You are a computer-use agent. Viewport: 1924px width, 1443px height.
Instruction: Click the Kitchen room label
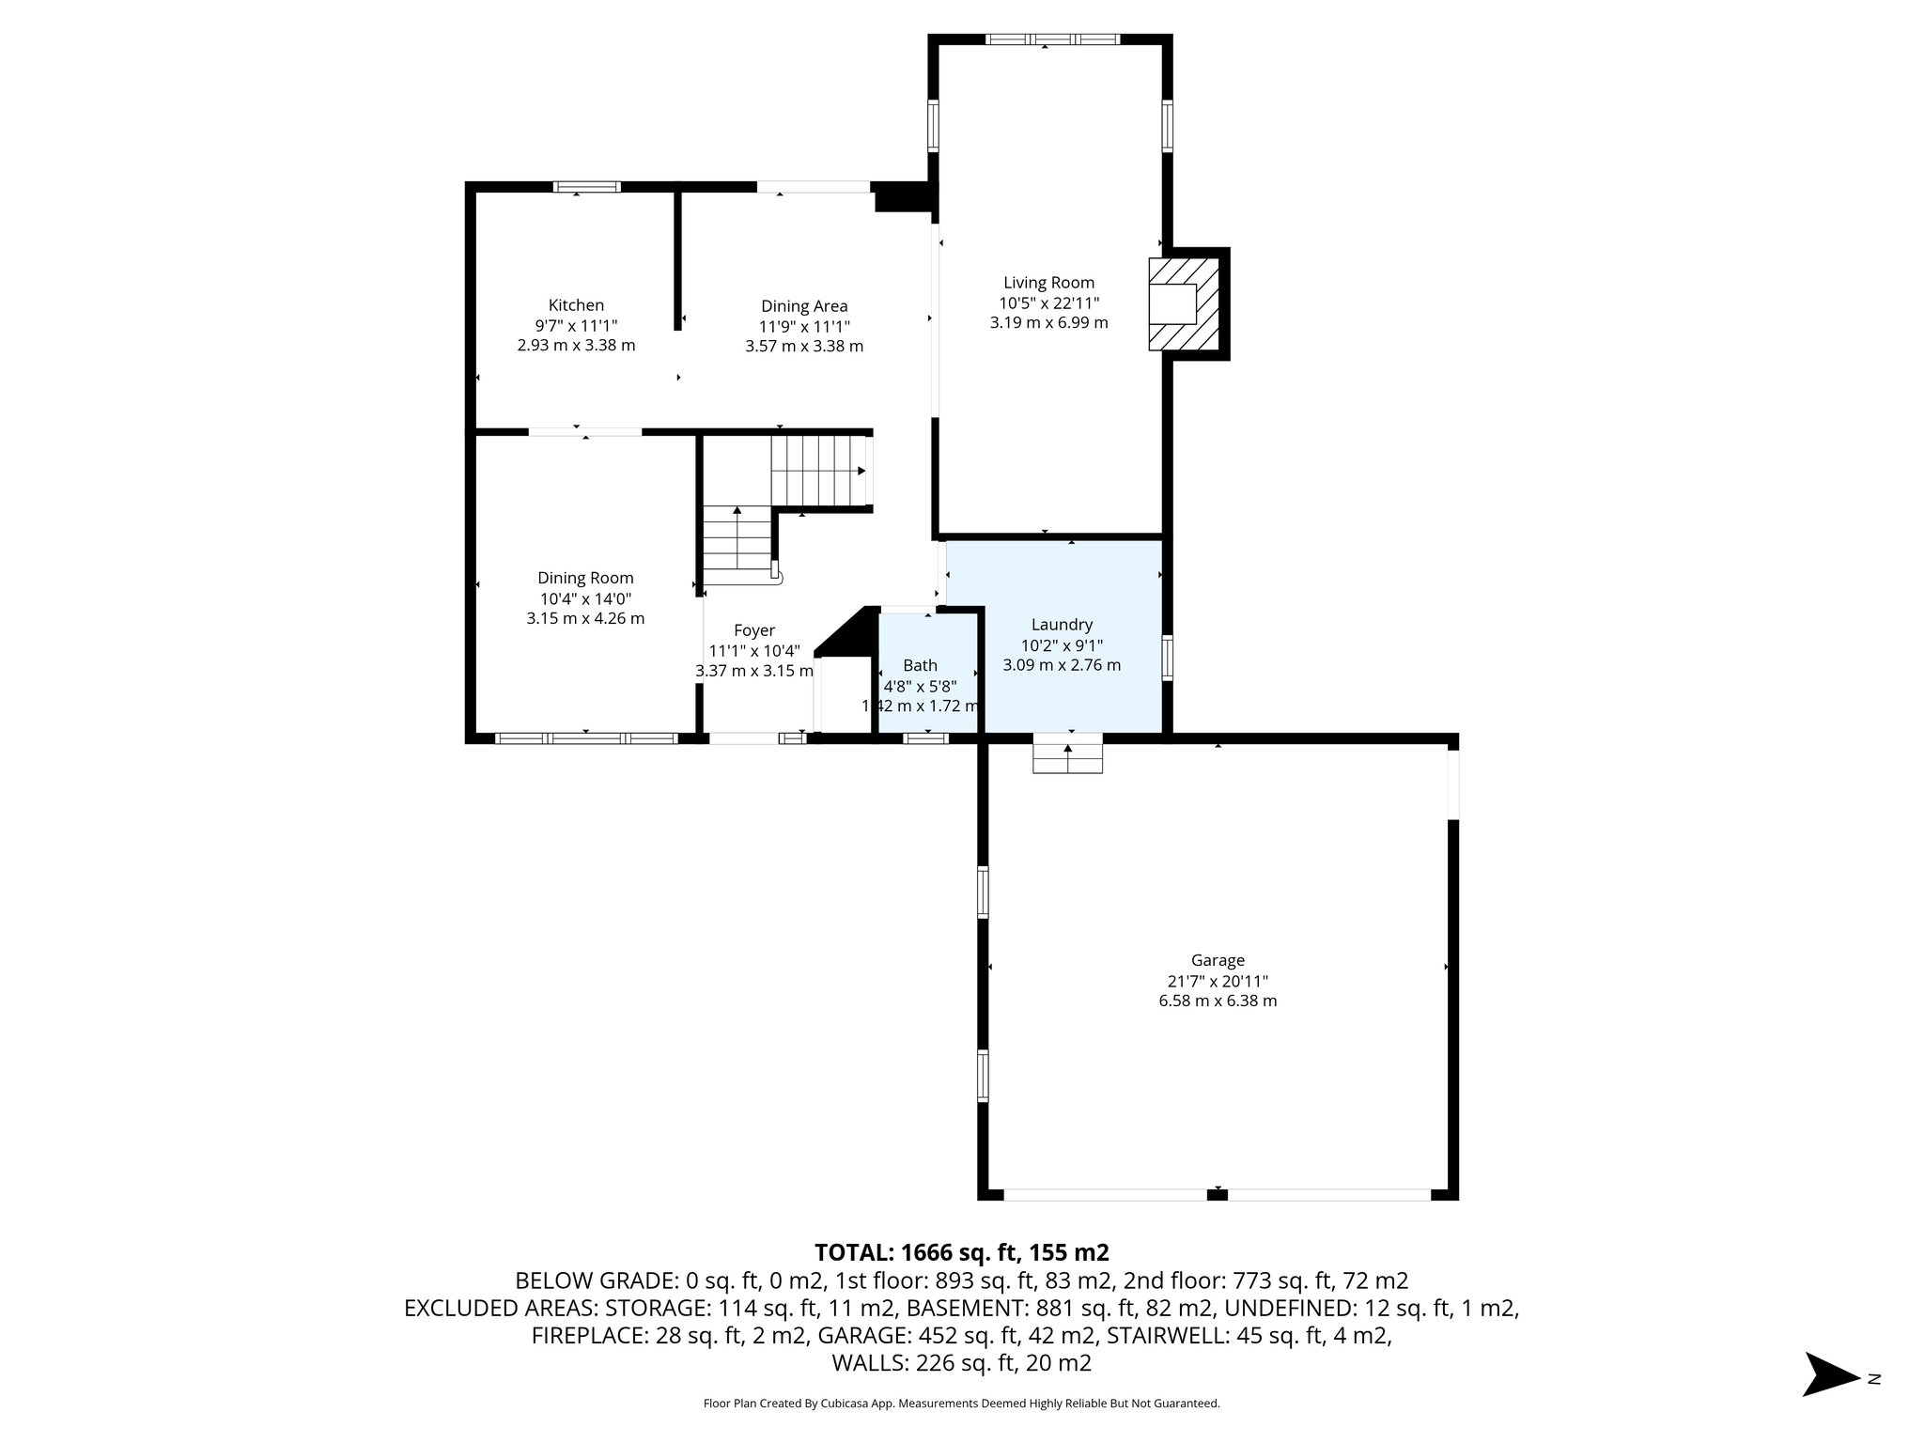pyautogui.click(x=576, y=305)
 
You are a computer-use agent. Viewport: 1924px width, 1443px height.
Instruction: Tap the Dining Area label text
pyautogui.click(x=804, y=306)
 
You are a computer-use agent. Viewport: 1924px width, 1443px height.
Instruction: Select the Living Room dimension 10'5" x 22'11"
pyautogui.click(x=1048, y=303)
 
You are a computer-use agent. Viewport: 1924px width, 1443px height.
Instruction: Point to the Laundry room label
pyautogui.click(x=1062, y=625)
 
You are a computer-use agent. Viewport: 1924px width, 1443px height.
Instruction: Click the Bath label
pyautogui.click(x=920, y=666)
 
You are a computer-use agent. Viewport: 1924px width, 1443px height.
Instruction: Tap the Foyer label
pyautogui.click(x=753, y=630)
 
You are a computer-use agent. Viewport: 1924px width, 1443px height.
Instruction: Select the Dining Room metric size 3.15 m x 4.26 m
pyautogui.click(x=585, y=618)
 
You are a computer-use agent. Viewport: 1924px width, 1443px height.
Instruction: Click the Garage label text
pyautogui.click(x=1218, y=960)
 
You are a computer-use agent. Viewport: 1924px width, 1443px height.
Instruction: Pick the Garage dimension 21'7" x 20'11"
pyautogui.click(x=1218, y=981)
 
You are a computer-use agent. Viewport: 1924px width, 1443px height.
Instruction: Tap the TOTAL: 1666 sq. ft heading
pyautogui.click(x=961, y=1252)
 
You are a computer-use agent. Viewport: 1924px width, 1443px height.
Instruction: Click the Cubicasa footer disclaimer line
pyautogui.click(x=961, y=1404)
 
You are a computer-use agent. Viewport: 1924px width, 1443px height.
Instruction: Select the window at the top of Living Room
pyautogui.click(x=1052, y=39)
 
